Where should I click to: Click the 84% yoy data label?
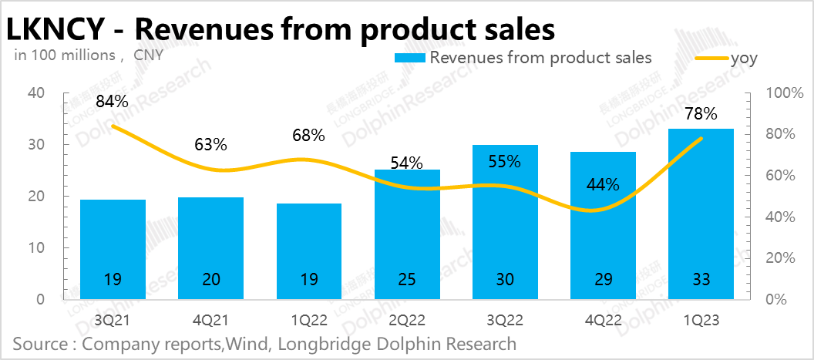click(x=112, y=101)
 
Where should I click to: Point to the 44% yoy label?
click(x=603, y=184)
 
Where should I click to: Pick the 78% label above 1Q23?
click(x=701, y=114)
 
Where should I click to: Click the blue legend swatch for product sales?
click(x=409, y=58)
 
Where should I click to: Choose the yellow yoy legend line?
click(x=712, y=58)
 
